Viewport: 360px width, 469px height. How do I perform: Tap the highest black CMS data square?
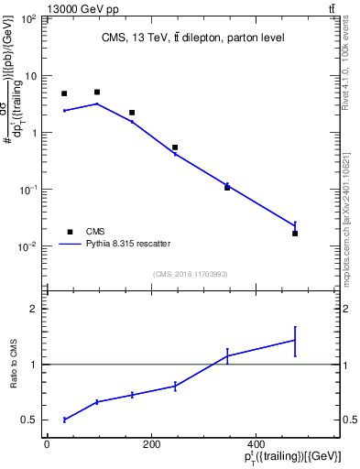tap(97, 93)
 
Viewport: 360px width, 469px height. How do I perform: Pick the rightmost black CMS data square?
tap(295, 234)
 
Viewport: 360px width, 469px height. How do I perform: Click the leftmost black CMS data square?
tap(64, 93)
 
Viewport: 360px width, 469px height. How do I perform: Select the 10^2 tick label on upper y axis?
tap(28, 19)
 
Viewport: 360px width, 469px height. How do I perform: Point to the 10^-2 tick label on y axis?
tap(28, 246)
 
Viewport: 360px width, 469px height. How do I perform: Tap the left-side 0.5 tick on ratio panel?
tap(32, 420)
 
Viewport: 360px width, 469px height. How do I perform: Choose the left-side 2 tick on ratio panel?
tap(36, 309)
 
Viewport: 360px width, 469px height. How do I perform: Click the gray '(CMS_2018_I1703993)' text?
tap(190, 274)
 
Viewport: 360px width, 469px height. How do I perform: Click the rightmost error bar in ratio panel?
tap(295, 340)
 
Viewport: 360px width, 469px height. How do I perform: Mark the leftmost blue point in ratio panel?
tap(64, 420)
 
